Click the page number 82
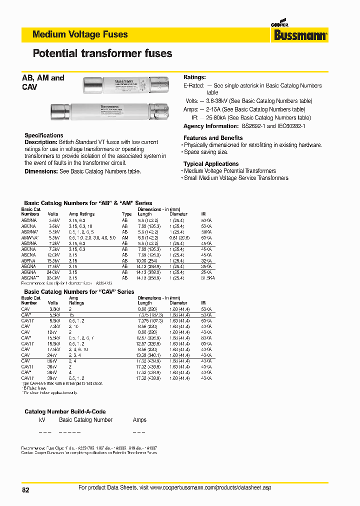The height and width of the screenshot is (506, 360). tap(26, 490)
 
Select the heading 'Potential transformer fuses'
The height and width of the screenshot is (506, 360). tap(102, 53)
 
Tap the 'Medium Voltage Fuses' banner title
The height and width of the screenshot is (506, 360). tap(80, 34)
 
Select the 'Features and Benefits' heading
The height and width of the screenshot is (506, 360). tap(213, 138)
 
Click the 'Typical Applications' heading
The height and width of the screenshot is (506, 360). tap(211, 164)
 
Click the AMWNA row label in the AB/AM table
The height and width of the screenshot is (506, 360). tap(29, 237)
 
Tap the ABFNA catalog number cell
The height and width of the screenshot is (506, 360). tap(28, 261)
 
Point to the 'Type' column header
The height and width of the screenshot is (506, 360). tap(127, 214)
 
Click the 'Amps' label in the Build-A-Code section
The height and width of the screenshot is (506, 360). tap(140, 420)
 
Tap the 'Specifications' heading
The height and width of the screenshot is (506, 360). tap(44, 135)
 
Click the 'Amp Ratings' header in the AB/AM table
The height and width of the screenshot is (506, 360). tap(81, 214)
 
